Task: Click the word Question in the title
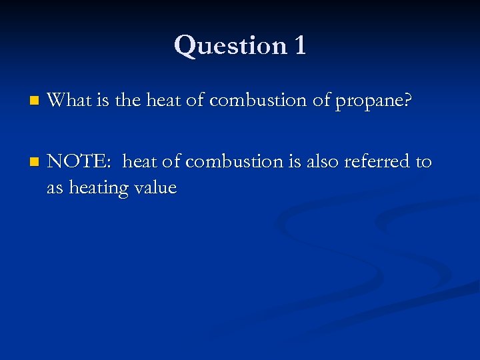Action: [219, 46]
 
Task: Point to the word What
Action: [68, 101]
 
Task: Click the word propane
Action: [373, 102]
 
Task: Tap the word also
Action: [322, 161]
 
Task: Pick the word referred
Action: [378, 161]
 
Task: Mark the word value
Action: [155, 188]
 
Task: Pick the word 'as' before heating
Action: [55, 189]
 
